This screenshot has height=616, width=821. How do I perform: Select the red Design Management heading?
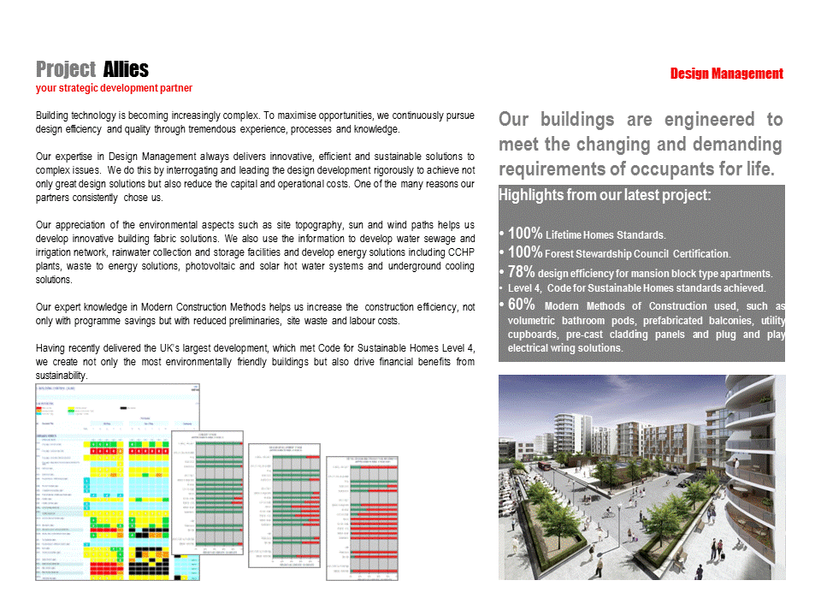pyautogui.click(x=726, y=74)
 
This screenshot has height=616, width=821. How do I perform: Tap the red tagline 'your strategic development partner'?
pyautogui.click(x=114, y=88)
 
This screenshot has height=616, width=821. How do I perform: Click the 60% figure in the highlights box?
pyautogui.click(x=522, y=305)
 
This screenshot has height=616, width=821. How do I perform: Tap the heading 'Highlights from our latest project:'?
pyautogui.click(x=605, y=195)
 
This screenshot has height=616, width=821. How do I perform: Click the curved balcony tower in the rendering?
pyautogui.click(x=753, y=462)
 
